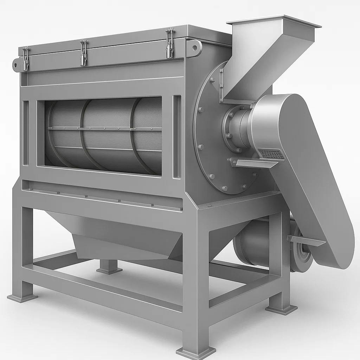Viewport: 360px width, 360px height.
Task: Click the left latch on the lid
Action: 26,58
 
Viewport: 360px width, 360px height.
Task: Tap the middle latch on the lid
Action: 83,53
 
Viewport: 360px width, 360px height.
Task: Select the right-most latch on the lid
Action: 170,43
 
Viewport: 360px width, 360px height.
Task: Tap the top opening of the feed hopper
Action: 274,21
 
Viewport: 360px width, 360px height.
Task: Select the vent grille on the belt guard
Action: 271,154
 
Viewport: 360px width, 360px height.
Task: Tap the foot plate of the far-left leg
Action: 22,297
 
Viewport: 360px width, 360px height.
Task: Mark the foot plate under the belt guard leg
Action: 281,309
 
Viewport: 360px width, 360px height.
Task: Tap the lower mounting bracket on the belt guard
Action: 306,240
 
